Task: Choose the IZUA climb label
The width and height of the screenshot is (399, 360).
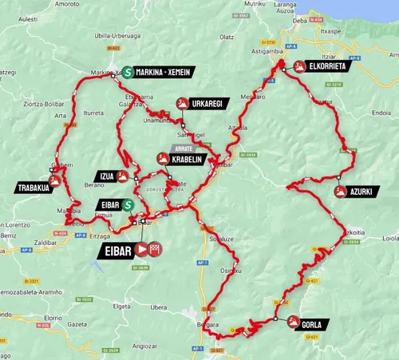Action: point(107,176)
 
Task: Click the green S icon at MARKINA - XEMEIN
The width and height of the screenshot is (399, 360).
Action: point(128,72)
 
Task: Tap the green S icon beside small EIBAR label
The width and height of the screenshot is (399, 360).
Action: point(127,205)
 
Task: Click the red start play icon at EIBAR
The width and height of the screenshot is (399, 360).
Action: point(140,250)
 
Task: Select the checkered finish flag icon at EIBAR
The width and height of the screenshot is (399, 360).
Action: point(155,250)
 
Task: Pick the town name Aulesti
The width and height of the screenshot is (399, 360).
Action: point(26,17)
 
